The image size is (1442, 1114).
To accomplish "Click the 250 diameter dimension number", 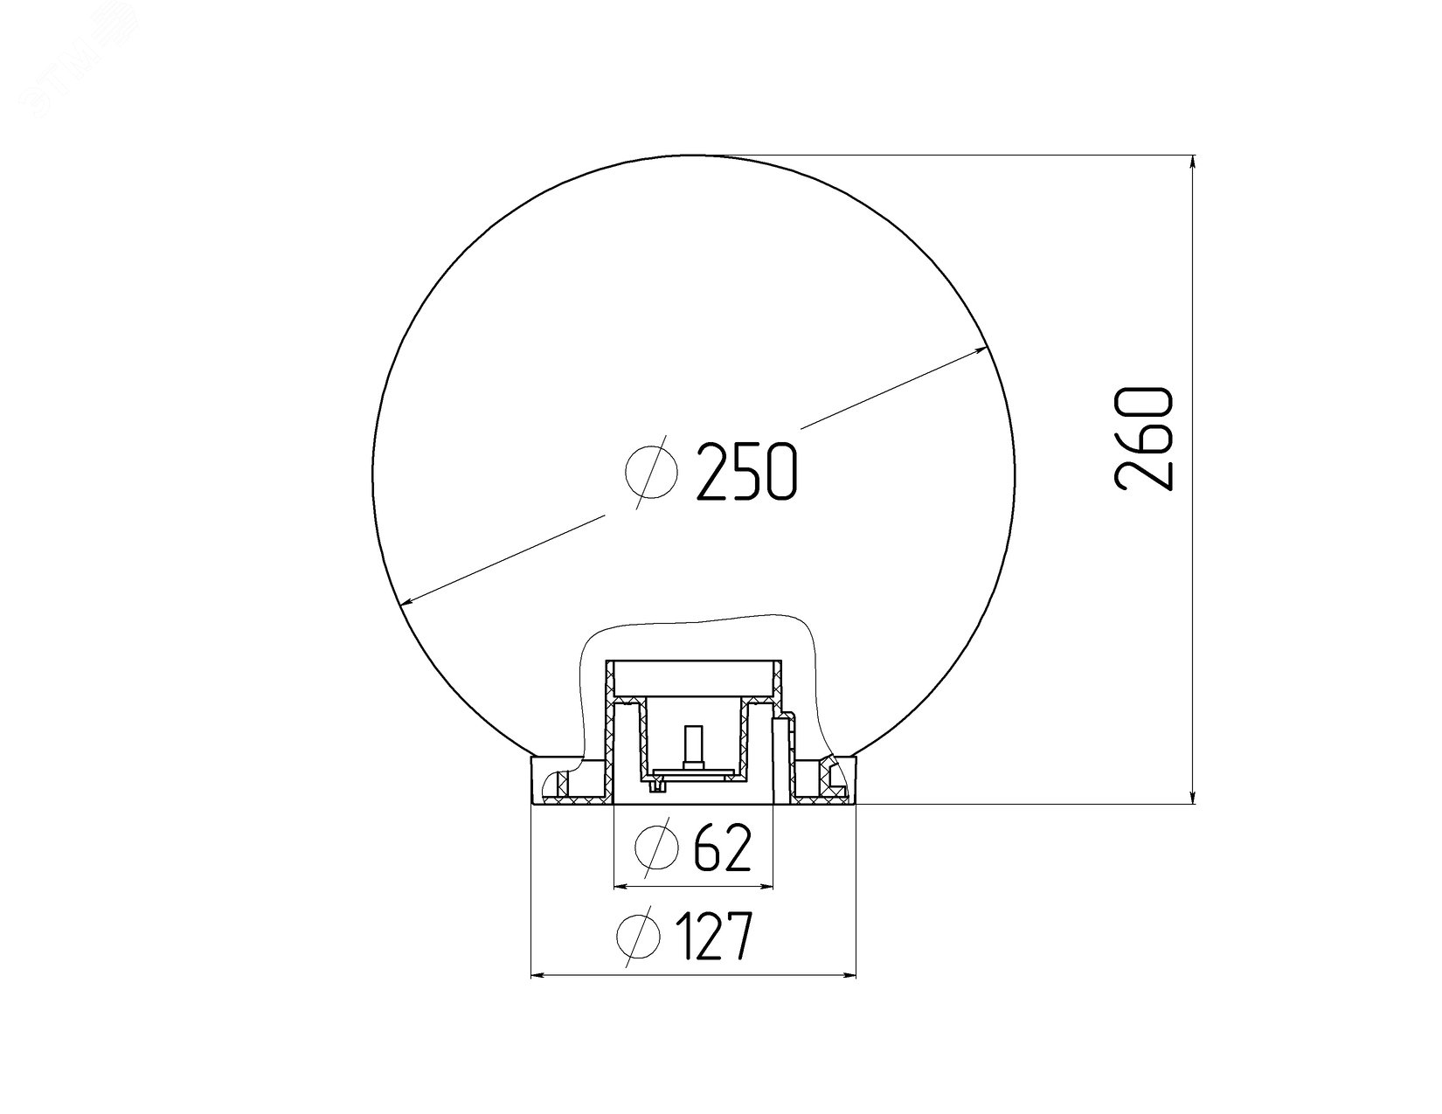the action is (745, 471).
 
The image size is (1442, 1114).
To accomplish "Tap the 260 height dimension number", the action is (1143, 439).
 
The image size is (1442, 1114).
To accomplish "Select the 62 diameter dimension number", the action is (723, 848).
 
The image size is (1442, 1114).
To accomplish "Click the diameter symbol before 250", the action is (652, 472).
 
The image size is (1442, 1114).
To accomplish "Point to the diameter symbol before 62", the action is (657, 848).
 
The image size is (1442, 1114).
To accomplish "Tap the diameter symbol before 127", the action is (639, 936).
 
